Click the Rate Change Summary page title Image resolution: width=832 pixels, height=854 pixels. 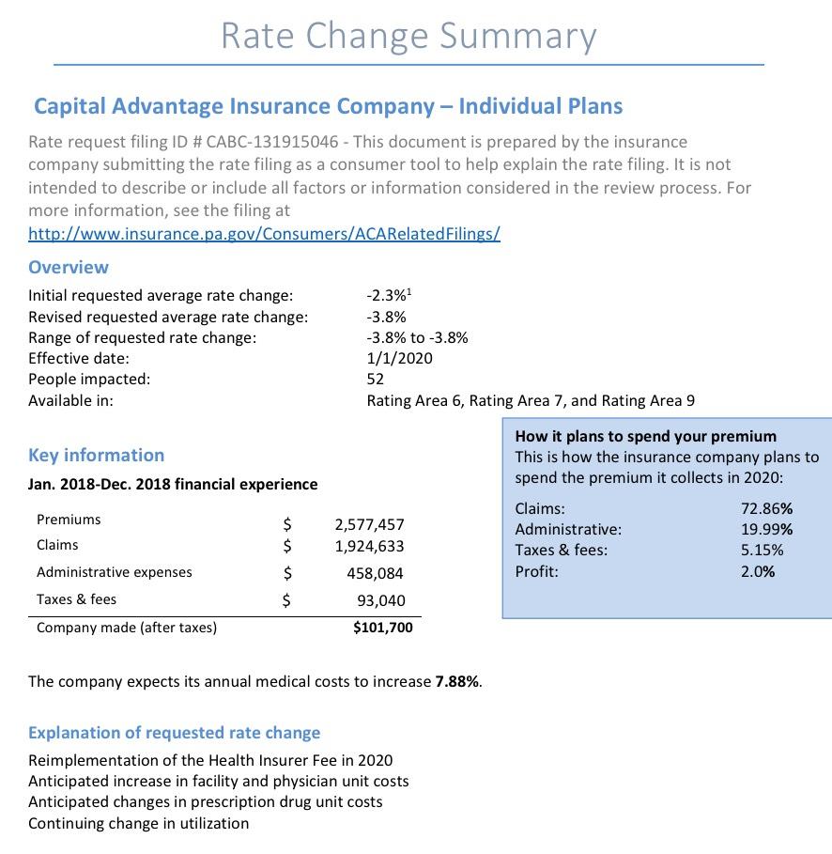pos(408,36)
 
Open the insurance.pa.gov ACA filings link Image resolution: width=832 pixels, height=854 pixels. pos(264,233)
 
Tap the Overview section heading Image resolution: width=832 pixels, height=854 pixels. pos(69,267)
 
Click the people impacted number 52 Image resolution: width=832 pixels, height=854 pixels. pos(376,379)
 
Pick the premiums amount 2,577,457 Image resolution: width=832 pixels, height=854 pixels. pos(370,524)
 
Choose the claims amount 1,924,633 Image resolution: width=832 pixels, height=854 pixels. pos(370,546)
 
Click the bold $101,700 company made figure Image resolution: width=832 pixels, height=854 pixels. pos(382,628)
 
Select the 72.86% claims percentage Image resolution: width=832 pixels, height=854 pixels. pos(766,509)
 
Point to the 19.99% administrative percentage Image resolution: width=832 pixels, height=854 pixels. pos(766,530)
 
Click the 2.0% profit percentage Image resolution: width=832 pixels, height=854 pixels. pos(758,571)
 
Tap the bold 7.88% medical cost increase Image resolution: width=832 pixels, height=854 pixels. pos(457,681)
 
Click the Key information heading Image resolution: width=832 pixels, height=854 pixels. pos(97,455)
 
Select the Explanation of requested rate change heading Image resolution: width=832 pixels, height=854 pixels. pos(174,733)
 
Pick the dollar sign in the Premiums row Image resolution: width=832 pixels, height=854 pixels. pos(288,522)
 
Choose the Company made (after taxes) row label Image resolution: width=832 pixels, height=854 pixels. pos(127,628)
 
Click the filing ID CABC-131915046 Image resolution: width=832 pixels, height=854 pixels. pos(272,142)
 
